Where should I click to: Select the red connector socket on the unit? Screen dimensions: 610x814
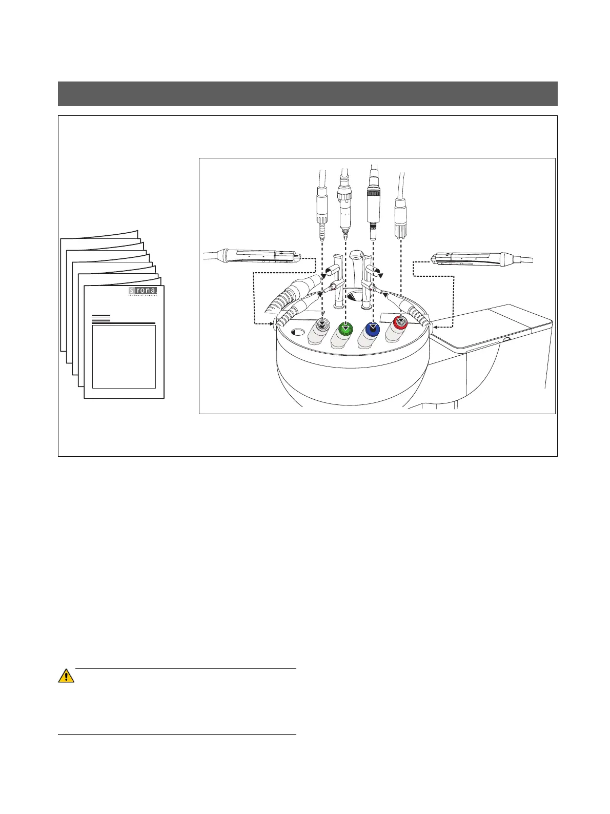pos(400,323)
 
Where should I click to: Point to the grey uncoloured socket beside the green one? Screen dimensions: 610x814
pos(321,325)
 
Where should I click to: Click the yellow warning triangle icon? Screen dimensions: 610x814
pos(66,676)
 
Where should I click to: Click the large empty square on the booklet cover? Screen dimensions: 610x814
pos(124,357)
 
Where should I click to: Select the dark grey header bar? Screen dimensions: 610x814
pos(308,93)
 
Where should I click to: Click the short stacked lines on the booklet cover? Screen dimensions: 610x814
pos(101,317)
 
